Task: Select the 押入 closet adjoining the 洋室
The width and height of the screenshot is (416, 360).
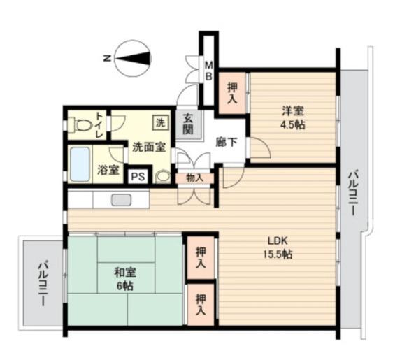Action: (231, 92)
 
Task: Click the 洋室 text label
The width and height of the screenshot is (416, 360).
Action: (293, 111)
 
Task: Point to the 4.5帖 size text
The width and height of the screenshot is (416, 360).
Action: (293, 125)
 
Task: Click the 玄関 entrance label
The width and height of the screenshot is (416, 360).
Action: (187, 125)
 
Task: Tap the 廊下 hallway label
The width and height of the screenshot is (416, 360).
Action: (224, 141)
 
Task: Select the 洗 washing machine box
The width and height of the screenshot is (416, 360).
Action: (161, 123)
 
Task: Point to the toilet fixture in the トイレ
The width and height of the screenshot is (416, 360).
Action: (84, 127)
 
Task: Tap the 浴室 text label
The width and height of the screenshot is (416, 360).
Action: (108, 169)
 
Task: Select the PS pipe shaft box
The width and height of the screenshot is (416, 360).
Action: (138, 175)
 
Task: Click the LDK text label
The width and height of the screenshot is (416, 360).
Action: (272, 240)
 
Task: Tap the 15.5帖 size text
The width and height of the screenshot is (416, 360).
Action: (277, 254)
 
